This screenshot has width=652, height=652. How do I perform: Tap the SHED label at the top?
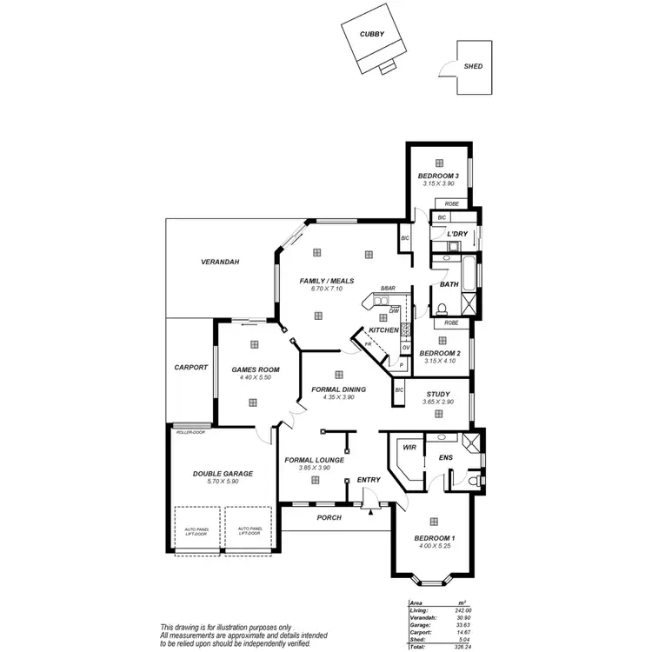(x=473, y=66)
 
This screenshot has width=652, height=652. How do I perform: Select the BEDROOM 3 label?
(x=438, y=176)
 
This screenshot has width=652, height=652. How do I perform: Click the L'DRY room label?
(x=457, y=235)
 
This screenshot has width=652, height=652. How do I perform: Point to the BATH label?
(x=449, y=283)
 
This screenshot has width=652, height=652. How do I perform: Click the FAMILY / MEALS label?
(x=327, y=281)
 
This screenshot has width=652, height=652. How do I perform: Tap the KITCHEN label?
(x=383, y=330)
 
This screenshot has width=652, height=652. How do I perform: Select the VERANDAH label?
(x=220, y=262)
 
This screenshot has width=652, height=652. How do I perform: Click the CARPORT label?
(x=190, y=367)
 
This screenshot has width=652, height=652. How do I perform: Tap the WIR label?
(x=407, y=448)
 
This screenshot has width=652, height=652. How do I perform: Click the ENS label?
(x=445, y=456)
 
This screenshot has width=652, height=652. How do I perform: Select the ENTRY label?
(x=369, y=479)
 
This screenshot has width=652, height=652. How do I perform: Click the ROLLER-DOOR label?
(x=190, y=432)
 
